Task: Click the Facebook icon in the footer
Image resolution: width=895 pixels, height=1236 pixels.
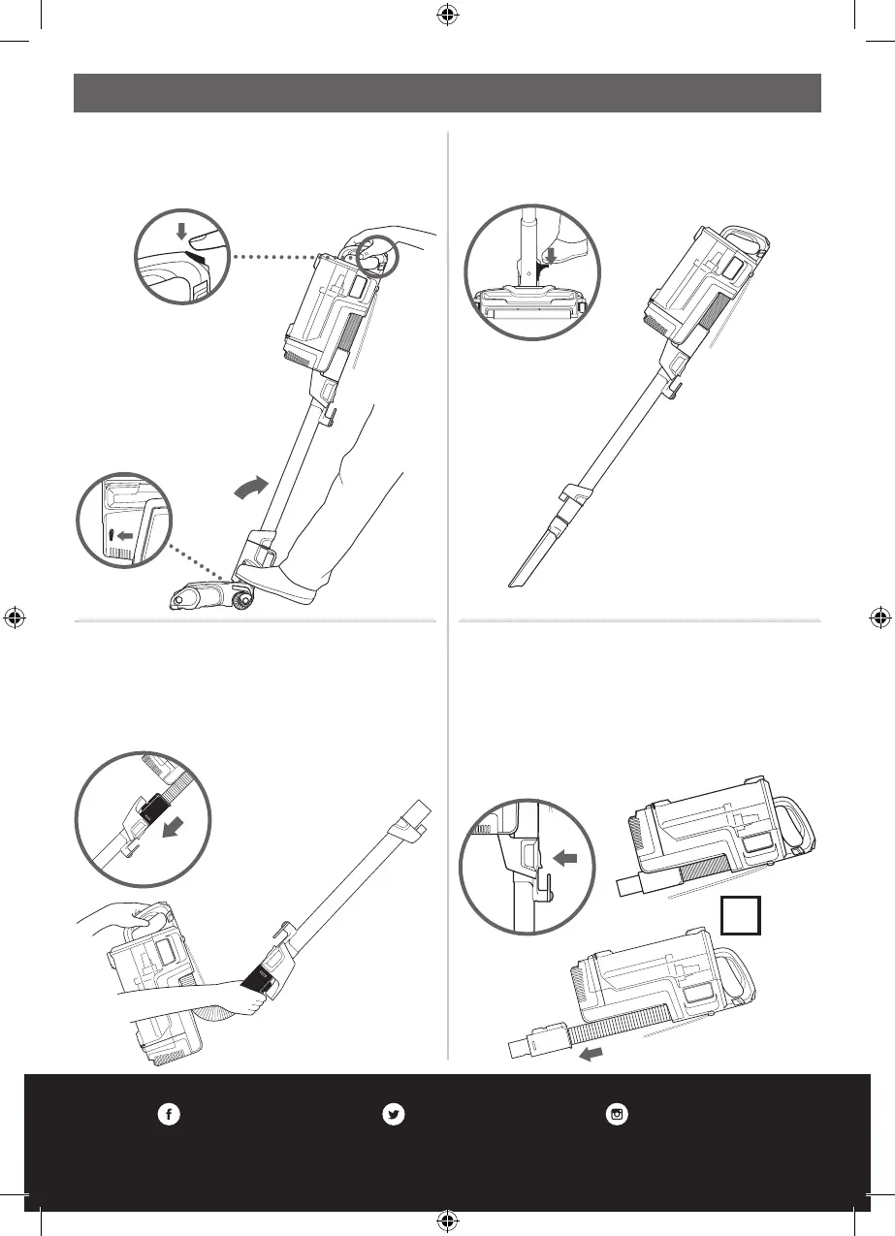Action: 168,1115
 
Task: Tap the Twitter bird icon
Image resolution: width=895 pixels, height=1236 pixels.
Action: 393,1115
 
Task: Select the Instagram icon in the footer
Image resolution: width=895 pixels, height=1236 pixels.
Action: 617,1115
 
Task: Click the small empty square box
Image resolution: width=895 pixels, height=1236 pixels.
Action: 741,914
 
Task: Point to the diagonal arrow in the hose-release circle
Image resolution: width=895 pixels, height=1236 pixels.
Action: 175,827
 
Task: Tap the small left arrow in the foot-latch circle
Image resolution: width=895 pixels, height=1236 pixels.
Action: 123,534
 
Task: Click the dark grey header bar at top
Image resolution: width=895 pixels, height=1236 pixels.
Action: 447,92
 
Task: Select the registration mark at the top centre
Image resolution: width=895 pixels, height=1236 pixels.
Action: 447,15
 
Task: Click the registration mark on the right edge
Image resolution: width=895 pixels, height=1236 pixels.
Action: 879,617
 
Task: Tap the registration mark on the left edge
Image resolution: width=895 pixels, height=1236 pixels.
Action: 16,617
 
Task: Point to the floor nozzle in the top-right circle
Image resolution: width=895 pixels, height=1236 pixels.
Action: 530,304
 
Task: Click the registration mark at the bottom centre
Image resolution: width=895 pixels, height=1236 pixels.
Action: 447,1219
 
